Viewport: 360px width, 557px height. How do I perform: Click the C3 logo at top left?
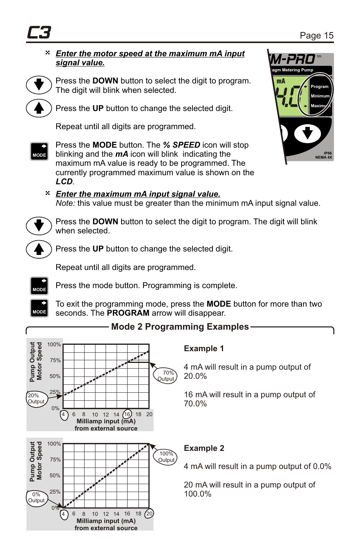pos(39,32)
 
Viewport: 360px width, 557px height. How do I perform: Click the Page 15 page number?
pos(316,35)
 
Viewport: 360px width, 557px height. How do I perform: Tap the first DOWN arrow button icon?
pos(39,85)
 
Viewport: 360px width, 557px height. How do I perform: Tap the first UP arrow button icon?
pos(39,108)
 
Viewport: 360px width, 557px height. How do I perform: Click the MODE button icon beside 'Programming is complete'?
pos(39,286)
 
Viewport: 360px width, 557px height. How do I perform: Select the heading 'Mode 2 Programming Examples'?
pos(180,327)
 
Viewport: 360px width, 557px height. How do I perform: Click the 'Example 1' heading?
pos(203,349)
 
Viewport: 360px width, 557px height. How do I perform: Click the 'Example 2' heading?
pos(204,448)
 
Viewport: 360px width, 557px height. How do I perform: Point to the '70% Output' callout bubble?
pos(166,376)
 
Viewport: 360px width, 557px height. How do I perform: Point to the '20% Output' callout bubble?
pos(36,398)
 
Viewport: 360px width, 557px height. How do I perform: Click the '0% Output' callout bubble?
pos(36,497)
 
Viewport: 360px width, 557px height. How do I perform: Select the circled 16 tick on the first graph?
pos(127,414)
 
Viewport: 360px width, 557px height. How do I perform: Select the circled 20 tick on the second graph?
pos(149,514)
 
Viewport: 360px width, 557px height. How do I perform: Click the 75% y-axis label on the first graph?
pos(55,360)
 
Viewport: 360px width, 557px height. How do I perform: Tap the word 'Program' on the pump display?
pos(319,86)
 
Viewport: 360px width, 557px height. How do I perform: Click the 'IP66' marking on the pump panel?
pos(328,153)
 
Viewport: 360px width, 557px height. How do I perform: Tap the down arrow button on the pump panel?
pos(307,133)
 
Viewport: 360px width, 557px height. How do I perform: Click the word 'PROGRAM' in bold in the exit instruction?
pos(128,313)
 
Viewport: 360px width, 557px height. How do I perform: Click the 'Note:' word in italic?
pos(65,203)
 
